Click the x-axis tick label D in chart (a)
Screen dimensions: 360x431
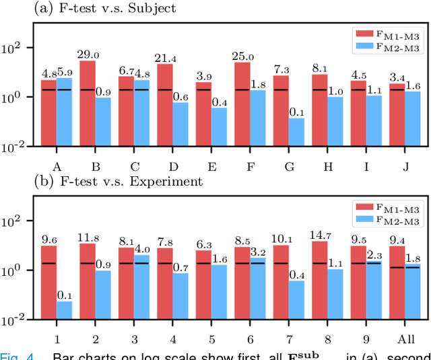click(x=173, y=166)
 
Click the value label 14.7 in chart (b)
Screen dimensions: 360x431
click(x=320, y=235)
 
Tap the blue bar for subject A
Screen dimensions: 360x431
click(x=65, y=112)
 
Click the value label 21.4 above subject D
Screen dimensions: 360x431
click(x=165, y=59)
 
